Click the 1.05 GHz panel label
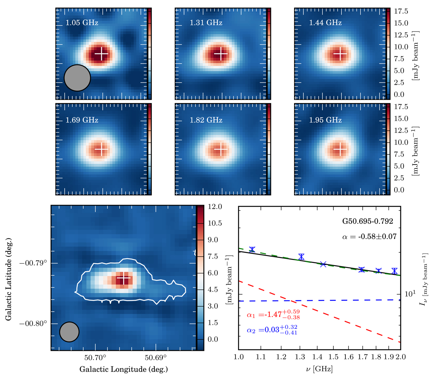[82, 23]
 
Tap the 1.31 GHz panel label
[206, 23]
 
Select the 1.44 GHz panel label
[325, 23]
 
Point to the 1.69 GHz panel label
[82, 120]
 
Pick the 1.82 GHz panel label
[206, 120]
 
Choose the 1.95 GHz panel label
[325, 120]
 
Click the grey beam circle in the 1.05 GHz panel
[77, 78]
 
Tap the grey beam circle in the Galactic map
[69, 332]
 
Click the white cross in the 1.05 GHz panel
[102, 54]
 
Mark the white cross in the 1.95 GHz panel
[340, 149]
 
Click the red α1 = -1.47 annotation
[273, 314]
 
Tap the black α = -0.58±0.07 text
[369, 237]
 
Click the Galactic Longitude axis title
[123, 369]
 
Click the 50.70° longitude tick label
[95, 358]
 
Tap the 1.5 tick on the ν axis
[319, 357]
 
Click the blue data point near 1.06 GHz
[252, 250]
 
